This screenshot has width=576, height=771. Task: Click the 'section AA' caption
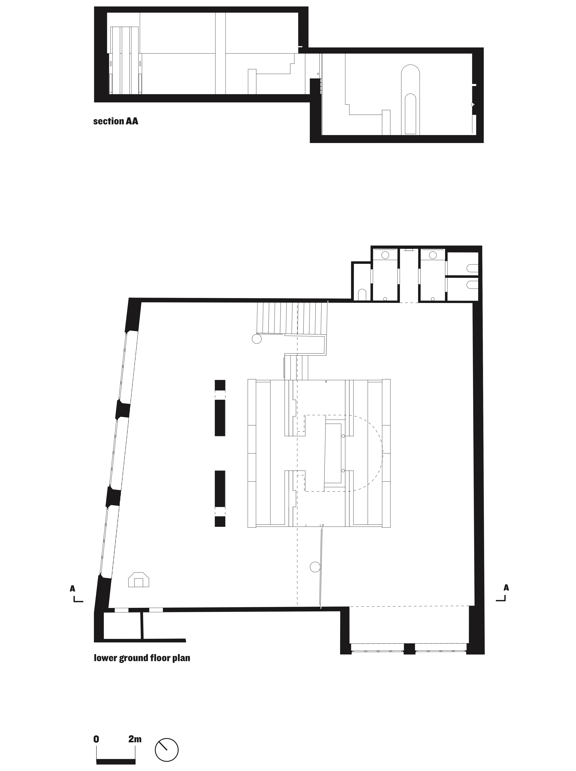115,121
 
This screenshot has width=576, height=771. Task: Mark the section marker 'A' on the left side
73,588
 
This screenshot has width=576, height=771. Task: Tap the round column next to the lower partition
315,567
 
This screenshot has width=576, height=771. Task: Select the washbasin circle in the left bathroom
385,255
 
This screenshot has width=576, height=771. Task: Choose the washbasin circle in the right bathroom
433,255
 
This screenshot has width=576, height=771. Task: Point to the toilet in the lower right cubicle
472,285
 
